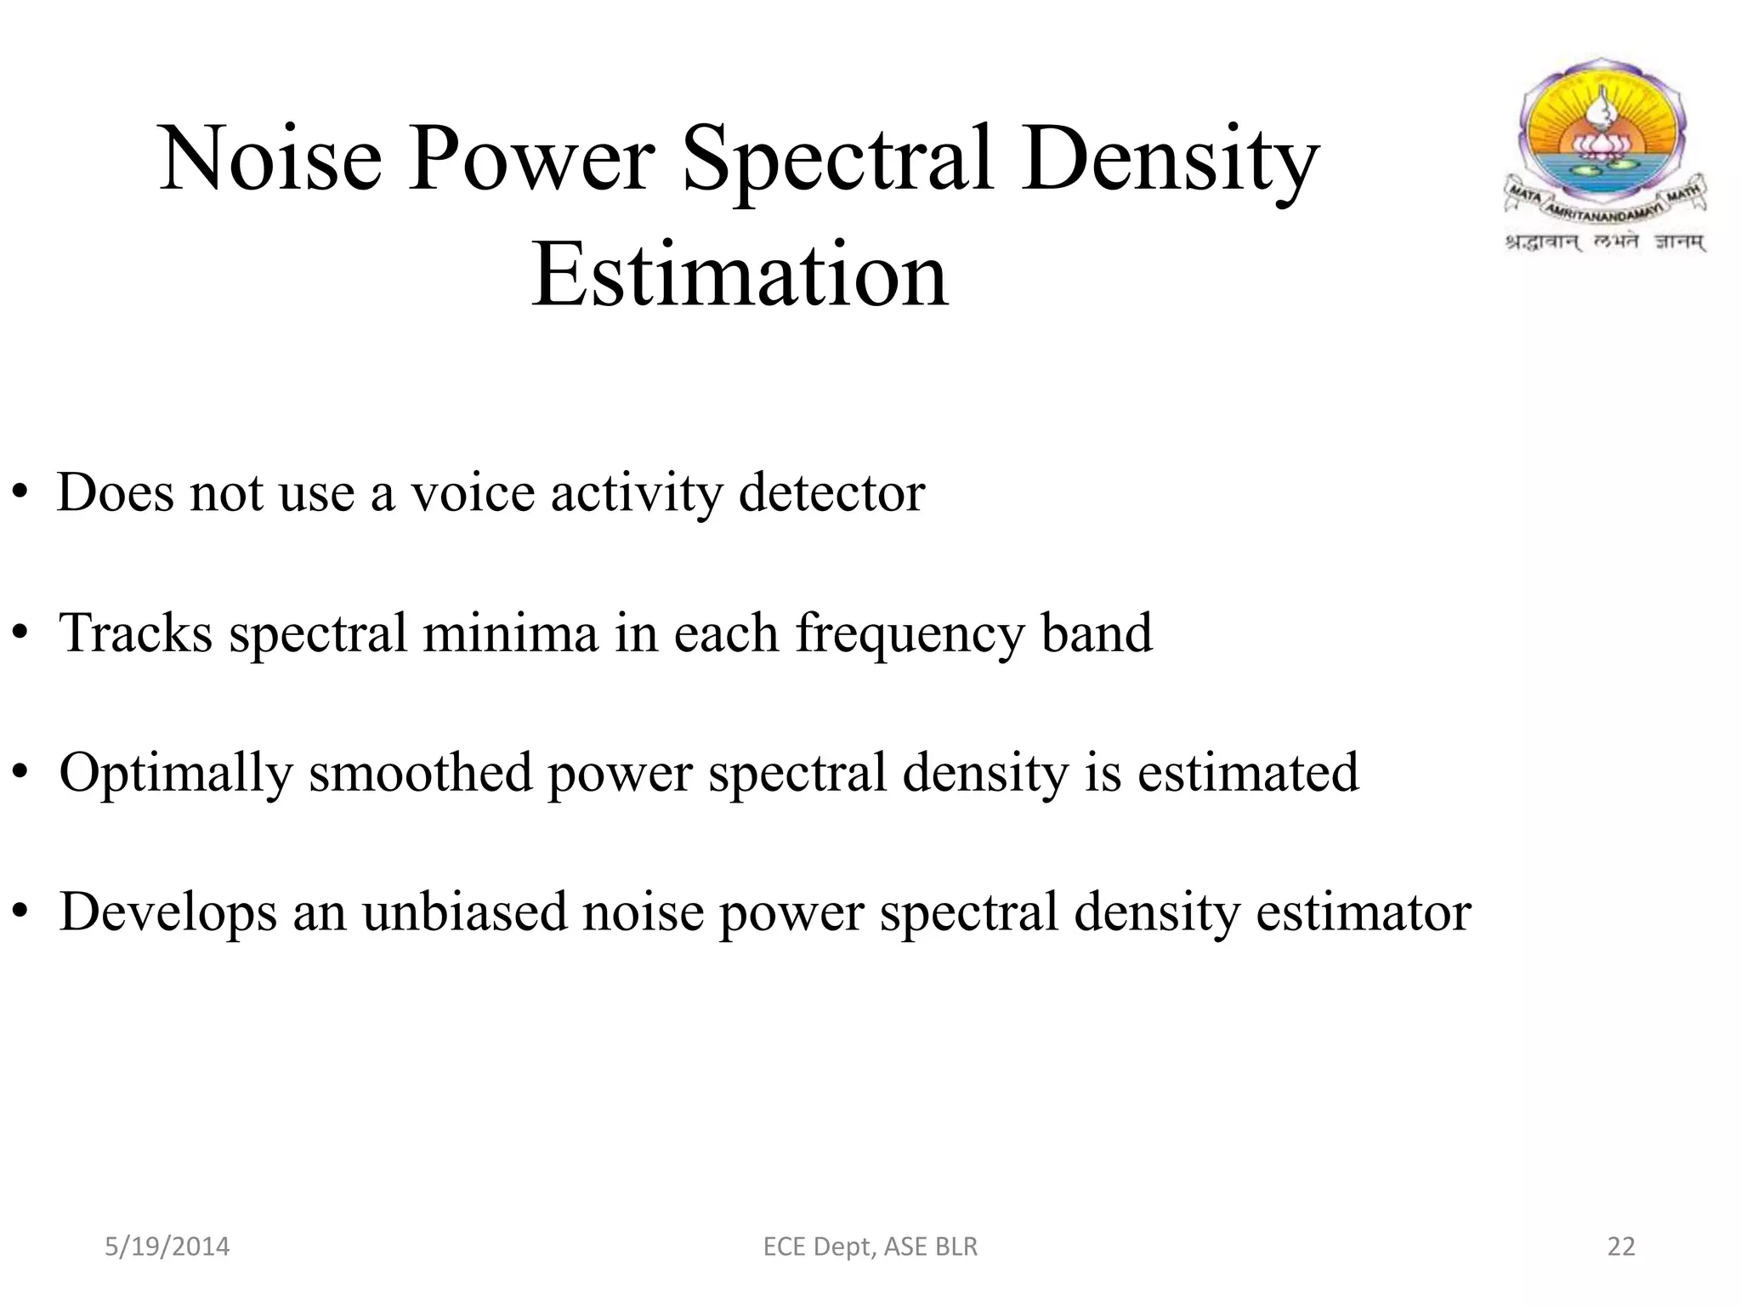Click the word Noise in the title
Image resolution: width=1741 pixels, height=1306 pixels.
pos(270,159)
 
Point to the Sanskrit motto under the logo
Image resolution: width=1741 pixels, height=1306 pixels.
pos(1605,242)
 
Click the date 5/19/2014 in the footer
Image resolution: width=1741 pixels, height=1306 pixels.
pos(167,1246)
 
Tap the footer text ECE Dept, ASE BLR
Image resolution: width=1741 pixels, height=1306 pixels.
pos(870,1246)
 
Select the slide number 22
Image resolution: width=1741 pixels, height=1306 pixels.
pos(1621,1246)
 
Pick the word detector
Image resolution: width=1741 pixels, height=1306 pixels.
pos(831,493)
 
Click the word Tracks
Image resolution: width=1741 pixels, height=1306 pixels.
pos(135,633)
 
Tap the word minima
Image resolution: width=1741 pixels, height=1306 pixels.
pos(510,633)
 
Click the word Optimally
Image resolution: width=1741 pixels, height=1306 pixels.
pos(175,774)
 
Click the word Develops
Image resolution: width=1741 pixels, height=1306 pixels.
pos(168,913)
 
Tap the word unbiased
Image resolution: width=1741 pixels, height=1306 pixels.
pos(464,911)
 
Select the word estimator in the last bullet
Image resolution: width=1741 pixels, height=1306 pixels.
pos(1363,911)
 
